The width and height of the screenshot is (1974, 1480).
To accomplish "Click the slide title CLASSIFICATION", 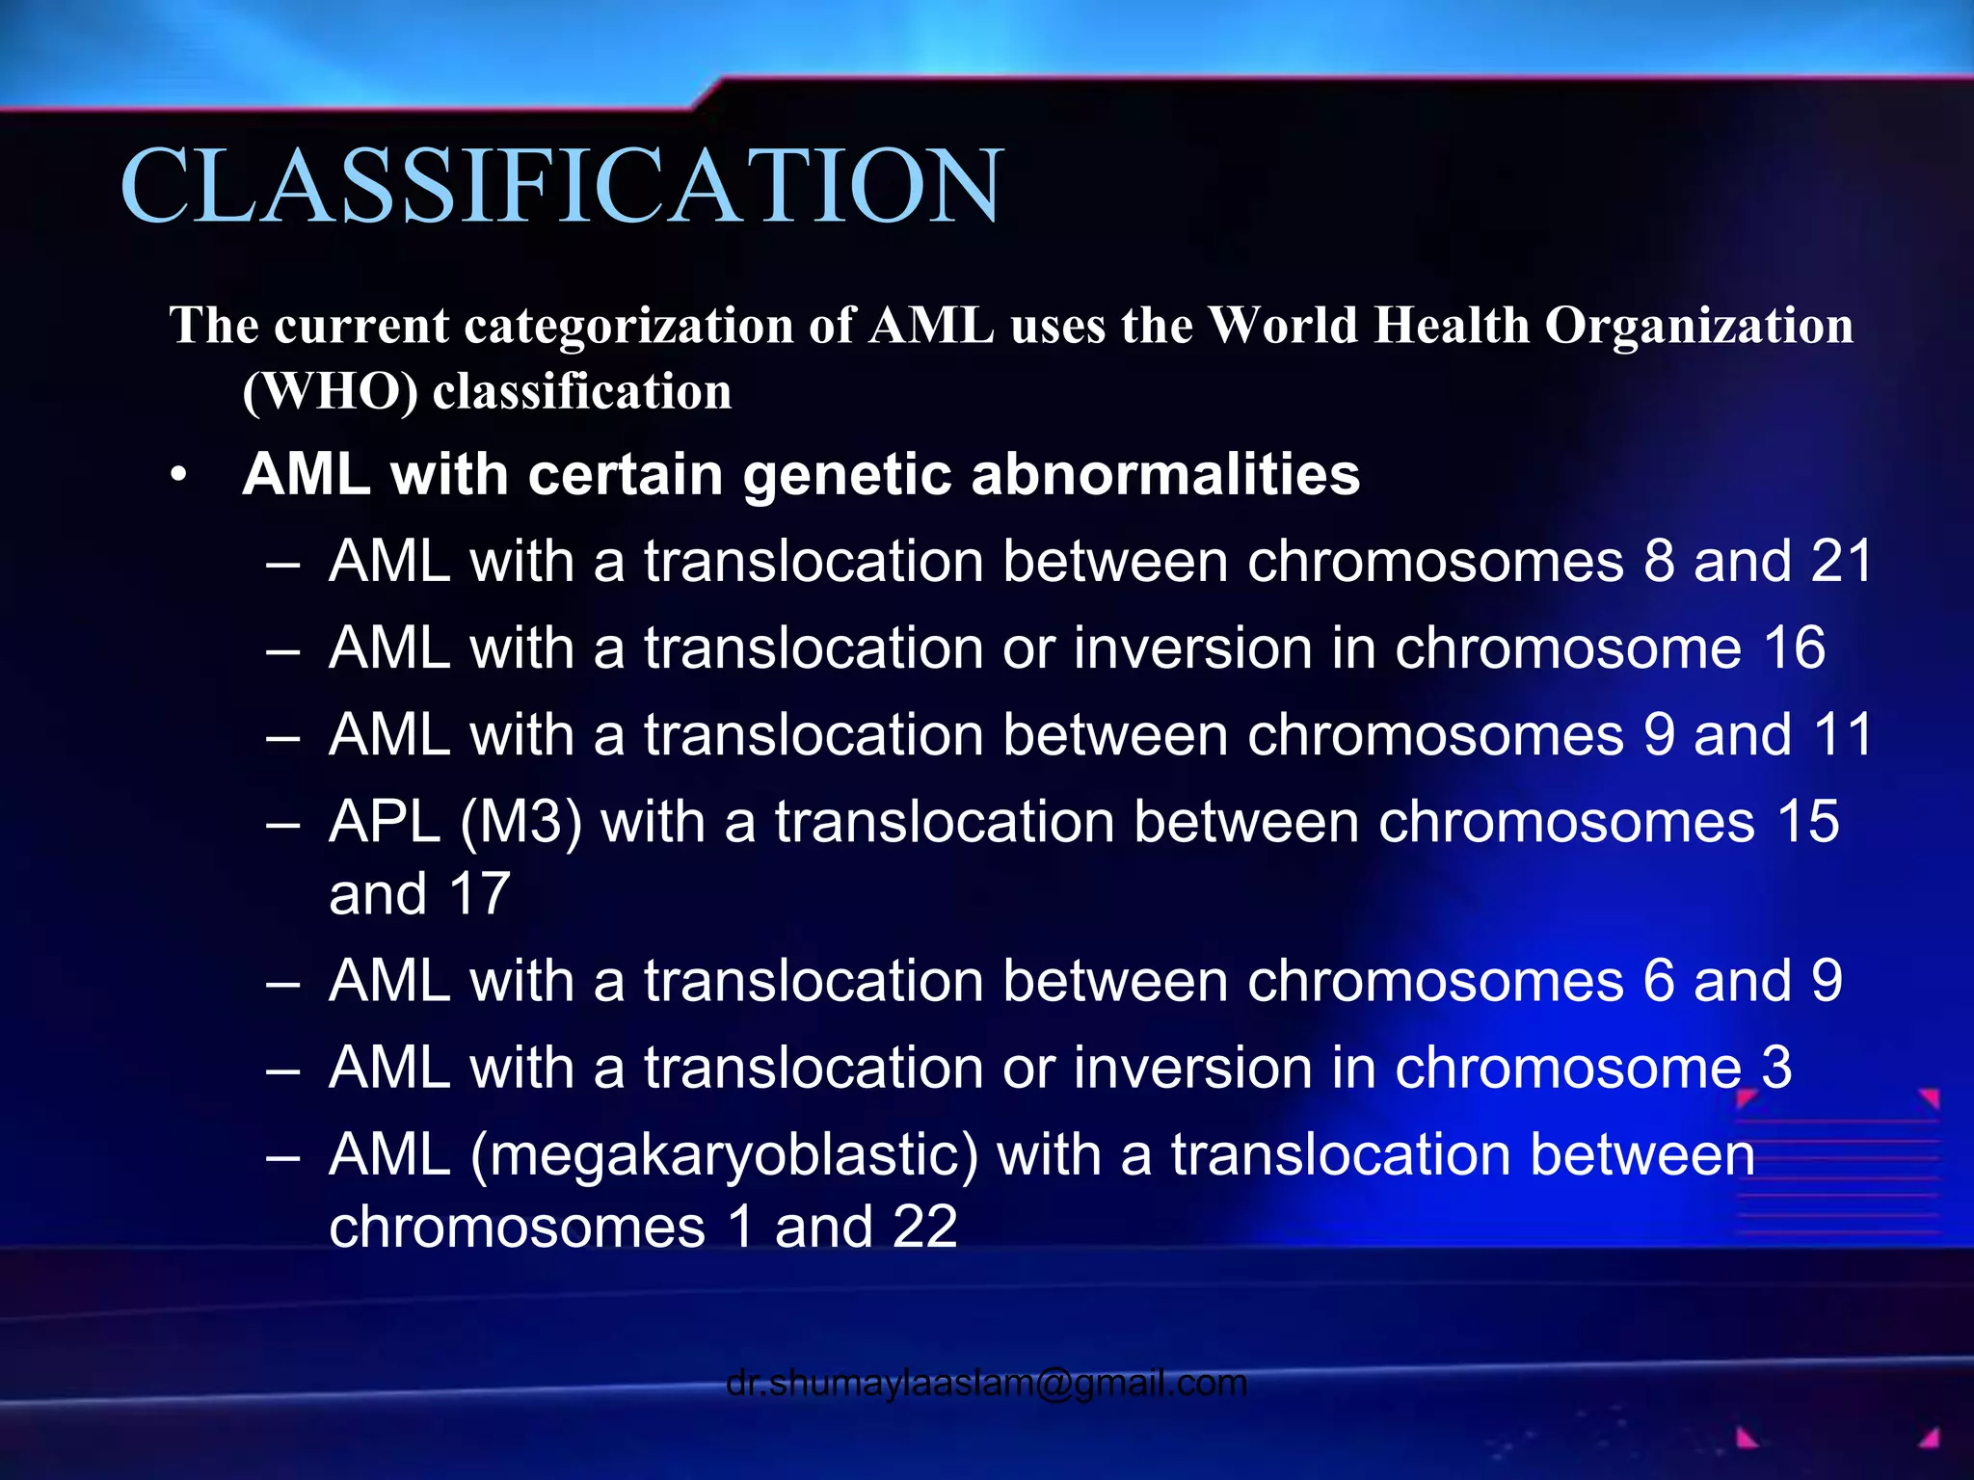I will tap(561, 185).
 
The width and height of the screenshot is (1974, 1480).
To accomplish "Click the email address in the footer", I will tap(986, 1383).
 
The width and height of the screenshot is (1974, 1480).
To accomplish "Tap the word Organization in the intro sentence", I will tap(1698, 326).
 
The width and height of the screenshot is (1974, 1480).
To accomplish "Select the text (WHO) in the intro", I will tap(330, 392).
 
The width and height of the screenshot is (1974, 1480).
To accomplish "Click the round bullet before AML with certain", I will tap(177, 476).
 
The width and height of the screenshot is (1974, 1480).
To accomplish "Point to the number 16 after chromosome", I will tap(1794, 647).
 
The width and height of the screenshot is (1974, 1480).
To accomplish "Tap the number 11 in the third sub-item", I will tap(1842, 735).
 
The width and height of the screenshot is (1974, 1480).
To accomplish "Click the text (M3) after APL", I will tap(521, 823).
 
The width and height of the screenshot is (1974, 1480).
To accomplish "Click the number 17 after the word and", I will tap(479, 894).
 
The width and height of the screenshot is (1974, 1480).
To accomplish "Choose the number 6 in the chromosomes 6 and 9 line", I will tap(1659, 981).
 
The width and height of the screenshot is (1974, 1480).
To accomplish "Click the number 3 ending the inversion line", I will tap(1776, 1068).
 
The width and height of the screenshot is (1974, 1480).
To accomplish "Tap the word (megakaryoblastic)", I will tap(724, 1155).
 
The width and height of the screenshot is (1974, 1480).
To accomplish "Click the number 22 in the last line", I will tap(925, 1228).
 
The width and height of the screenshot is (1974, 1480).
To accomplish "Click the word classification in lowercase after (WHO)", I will tap(582, 392).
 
